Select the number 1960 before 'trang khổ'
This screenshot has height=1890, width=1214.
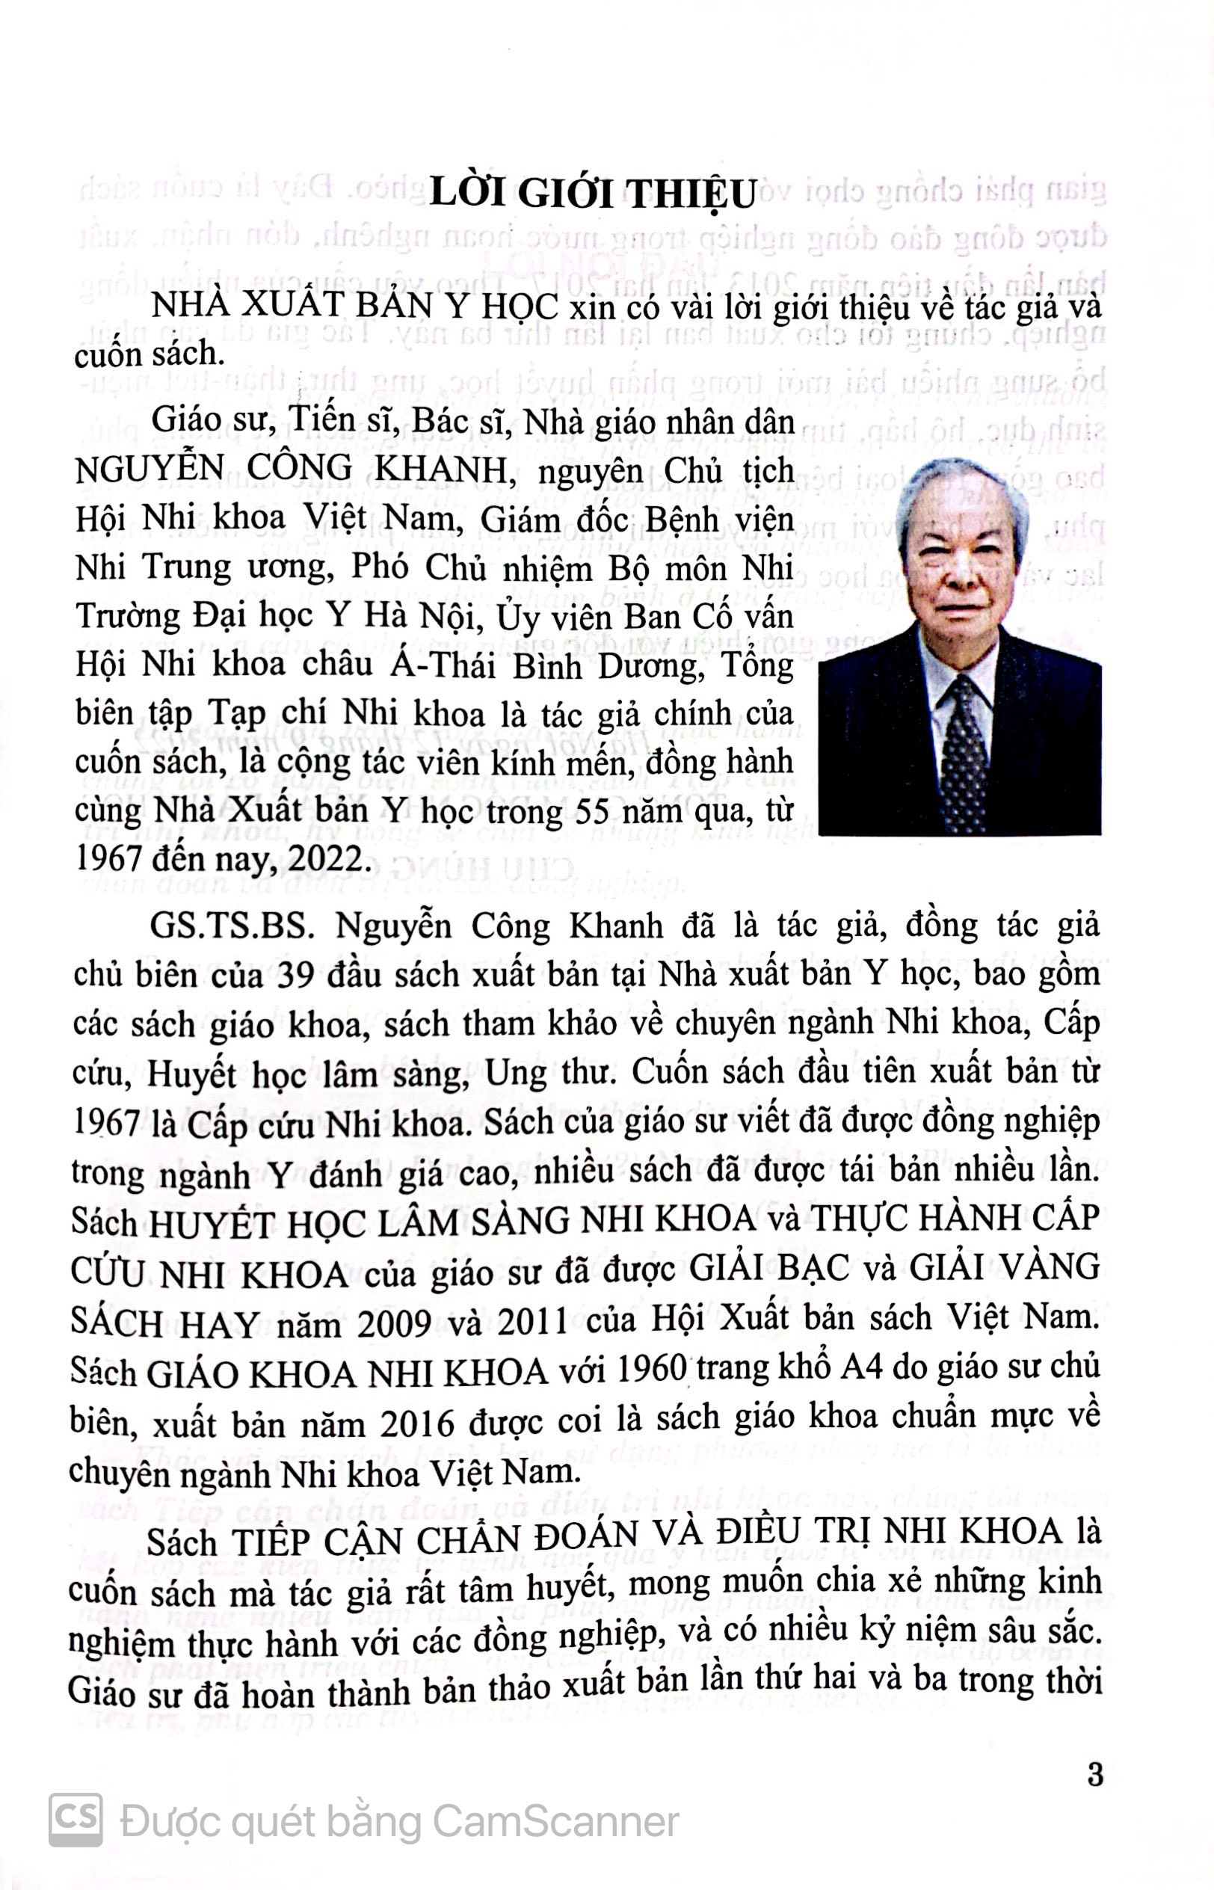(651, 1370)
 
